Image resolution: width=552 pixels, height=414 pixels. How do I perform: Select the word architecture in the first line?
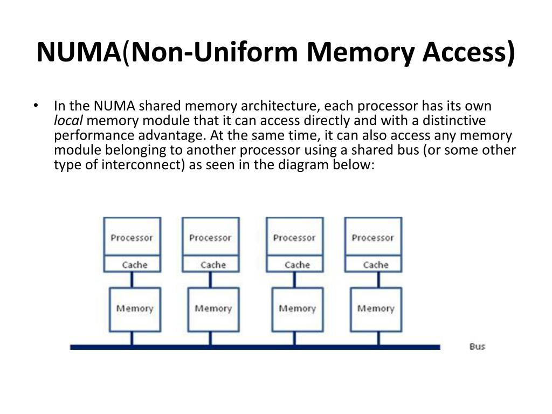[279, 106]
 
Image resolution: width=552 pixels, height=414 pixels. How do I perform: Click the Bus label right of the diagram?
[477, 346]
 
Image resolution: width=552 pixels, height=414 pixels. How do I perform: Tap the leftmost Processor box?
[132, 237]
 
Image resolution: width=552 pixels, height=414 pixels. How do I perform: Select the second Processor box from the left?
[210, 237]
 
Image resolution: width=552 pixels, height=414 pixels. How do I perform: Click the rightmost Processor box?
[373, 237]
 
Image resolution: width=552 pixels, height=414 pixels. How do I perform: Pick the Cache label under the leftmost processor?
[134, 265]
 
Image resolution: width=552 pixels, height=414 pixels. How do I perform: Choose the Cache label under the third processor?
[297, 265]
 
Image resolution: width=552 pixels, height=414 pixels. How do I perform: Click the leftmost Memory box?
[134, 309]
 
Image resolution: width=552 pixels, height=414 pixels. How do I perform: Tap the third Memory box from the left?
[297, 309]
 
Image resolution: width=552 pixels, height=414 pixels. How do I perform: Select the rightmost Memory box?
[376, 309]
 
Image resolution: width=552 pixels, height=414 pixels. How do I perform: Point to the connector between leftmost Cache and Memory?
[132, 280]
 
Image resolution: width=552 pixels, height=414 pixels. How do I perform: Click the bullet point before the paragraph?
[36, 106]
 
